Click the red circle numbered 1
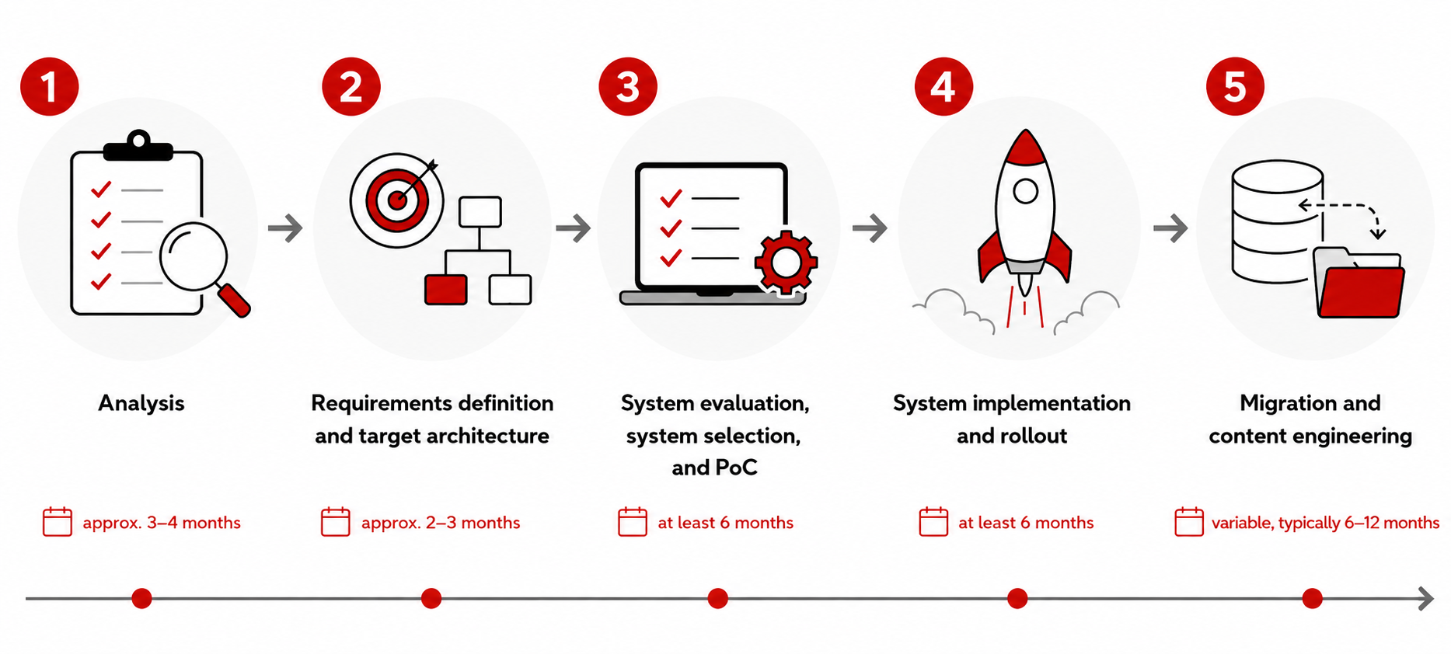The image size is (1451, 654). [50, 86]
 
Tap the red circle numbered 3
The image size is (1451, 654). [628, 86]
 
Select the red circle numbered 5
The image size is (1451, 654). [1235, 86]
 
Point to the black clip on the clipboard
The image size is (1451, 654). [138, 146]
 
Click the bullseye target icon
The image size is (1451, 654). [397, 200]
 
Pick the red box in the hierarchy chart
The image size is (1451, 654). [446, 290]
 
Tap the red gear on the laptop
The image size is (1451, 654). [786, 263]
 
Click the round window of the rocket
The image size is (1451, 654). [1026, 191]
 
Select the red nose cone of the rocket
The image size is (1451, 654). [1026, 148]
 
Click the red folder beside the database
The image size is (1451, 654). [1360, 290]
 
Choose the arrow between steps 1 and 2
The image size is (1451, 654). [285, 228]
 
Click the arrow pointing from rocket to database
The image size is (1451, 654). [1170, 228]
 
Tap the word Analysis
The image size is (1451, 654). [141, 403]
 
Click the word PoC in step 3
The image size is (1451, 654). [735, 468]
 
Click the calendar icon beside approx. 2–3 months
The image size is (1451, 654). [336, 522]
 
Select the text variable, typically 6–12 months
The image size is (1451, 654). [1325, 523]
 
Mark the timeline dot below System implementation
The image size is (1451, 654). [1017, 598]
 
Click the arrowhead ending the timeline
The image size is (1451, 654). [1426, 598]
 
